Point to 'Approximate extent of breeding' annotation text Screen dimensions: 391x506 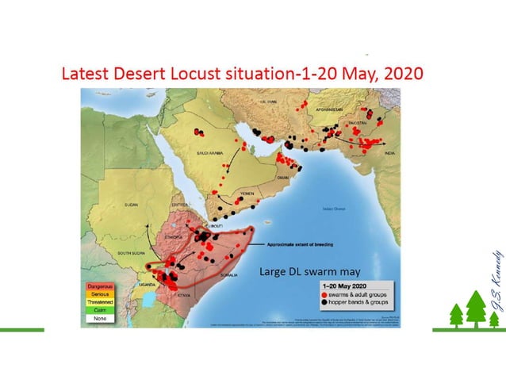(x=299, y=245)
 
